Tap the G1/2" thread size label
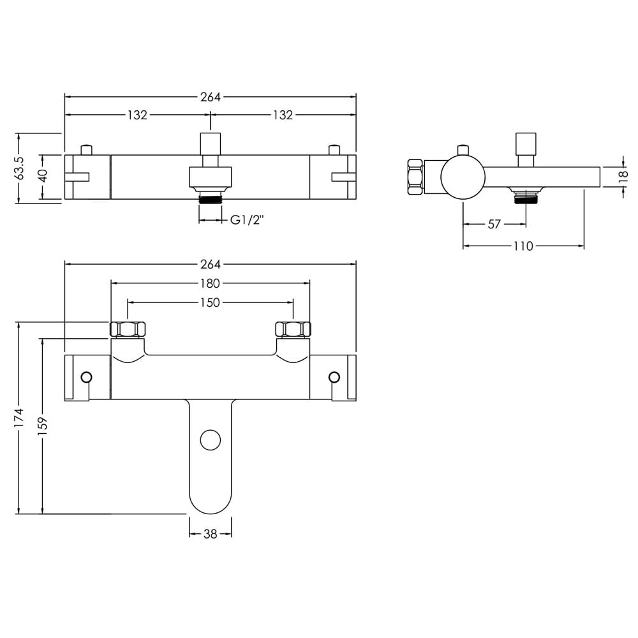(247, 220)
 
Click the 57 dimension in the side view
(494, 224)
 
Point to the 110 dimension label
(523, 246)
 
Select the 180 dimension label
(210, 283)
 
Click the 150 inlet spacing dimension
(210, 302)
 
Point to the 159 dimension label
(43, 425)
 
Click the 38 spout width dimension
(210, 533)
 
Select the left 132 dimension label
(137, 115)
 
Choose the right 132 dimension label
(283, 115)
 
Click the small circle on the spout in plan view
(211, 440)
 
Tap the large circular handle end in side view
(463, 177)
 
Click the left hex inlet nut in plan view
(128, 329)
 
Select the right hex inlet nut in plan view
(293, 329)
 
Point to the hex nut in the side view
(415, 177)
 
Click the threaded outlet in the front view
(210, 199)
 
